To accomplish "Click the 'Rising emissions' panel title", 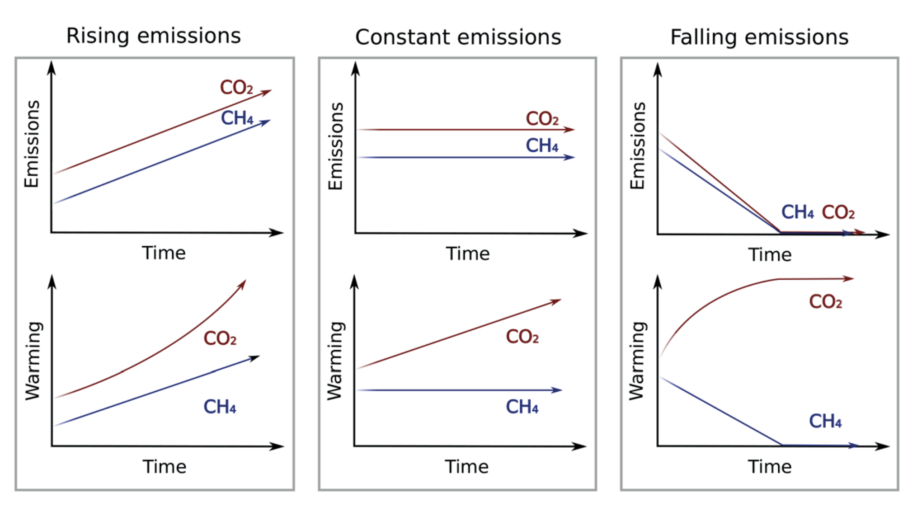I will pyautogui.click(x=153, y=36).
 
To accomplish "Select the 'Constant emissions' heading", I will pyautogui.click(x=458, y=37).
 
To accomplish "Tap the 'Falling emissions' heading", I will pyautogui.click(x=759, y=37).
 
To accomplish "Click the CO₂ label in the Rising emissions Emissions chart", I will pyautogui.click(x=236, y=87).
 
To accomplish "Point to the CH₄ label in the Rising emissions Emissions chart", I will pyautogui.click(x=237, y=118).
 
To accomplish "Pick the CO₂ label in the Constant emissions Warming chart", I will pyautogui.click(x=522, y=337).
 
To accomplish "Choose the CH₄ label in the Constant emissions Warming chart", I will pyautogui.click(x=522, y=407).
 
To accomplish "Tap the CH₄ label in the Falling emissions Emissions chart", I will pyautogui.click(x=798, y=212).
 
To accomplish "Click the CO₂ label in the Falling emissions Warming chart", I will pyautogui.click(x=825, y=301).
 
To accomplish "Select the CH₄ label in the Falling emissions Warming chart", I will pyautogui.click(x=825, y=421).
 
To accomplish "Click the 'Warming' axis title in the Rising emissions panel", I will pyautogui.click(x=33, y=361).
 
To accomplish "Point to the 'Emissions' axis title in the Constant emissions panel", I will pyautogui.click(x=336, y=146).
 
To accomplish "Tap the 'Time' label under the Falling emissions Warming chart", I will pyautogui.click(x=770, y=466).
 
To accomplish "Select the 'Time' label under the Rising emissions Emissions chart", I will pyautogui.click(x=164, y=253).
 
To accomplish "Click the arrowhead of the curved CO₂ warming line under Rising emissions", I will pyautogui.click(x=243, y=284).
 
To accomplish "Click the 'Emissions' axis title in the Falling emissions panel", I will pyautogui.click(x=638, y=145).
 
